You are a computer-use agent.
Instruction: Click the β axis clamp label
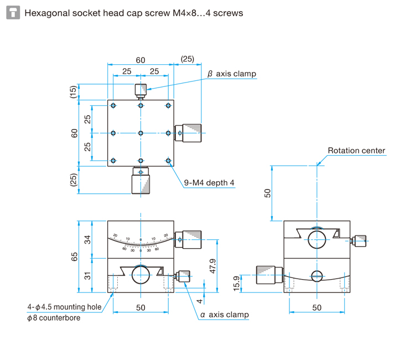point(232,74)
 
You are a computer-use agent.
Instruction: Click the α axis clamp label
point(224,315)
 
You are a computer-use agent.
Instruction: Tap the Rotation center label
point(356,151)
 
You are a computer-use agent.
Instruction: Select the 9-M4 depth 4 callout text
point(209,182)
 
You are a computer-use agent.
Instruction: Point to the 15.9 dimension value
point(236,283)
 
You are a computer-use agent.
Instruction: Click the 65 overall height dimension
point(74,256)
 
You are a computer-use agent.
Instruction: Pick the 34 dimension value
point(87,240)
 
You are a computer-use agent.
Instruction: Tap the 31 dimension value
point(87,275)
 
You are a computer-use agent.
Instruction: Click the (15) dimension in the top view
point(74,92)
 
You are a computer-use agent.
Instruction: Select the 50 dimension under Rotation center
point(268,192)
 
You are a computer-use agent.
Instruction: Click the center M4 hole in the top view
point(141,133)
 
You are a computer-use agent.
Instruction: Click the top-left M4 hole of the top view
point(113,105)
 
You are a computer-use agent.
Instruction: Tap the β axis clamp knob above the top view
point(141,90)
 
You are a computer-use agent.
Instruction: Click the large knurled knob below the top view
point(141,182)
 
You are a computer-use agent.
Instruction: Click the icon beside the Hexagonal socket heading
point(13,12)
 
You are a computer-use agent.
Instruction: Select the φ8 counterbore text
point(54,318)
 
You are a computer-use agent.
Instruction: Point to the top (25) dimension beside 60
point(188,59)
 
